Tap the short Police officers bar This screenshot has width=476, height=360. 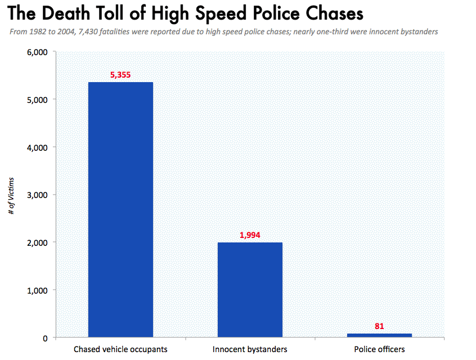[x=379, y=335]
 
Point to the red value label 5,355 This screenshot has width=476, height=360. [x=120, y=74]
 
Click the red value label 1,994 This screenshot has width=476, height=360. [x=250, y=235]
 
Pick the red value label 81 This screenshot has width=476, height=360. [x=379, y=326]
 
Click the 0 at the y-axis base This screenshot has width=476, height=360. [x=44, y=337]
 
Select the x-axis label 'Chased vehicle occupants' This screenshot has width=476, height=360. [x=120, y=349]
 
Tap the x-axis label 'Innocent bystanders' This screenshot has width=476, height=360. [x=250, y=349]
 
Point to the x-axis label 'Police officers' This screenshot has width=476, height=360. [x=379, y=349]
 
